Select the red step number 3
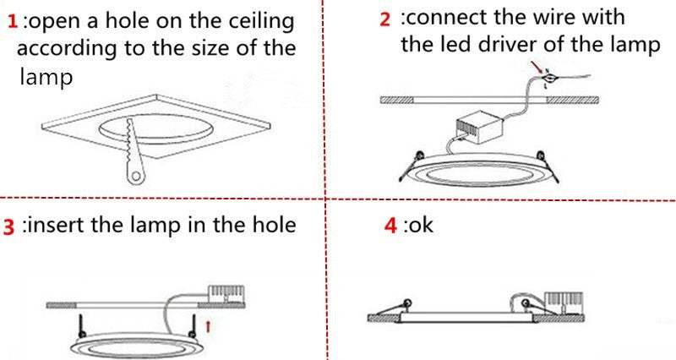10,227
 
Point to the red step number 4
390,226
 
